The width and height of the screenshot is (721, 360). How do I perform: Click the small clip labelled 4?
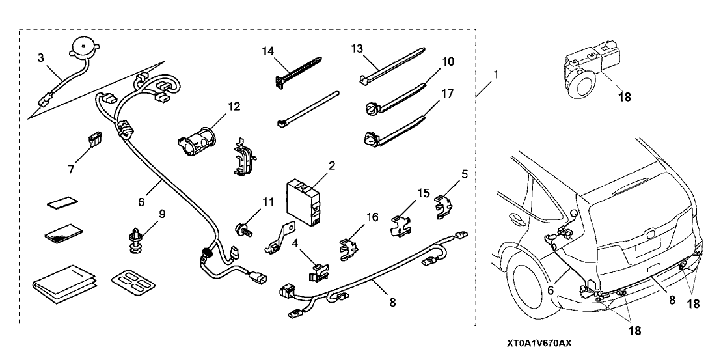pyautogui.click(x=317, y=270)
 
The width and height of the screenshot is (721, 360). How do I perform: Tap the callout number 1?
pyautogui.click(x=497, y=74)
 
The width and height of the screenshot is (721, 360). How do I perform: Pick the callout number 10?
pyautogui.click(x=430, y=62)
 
